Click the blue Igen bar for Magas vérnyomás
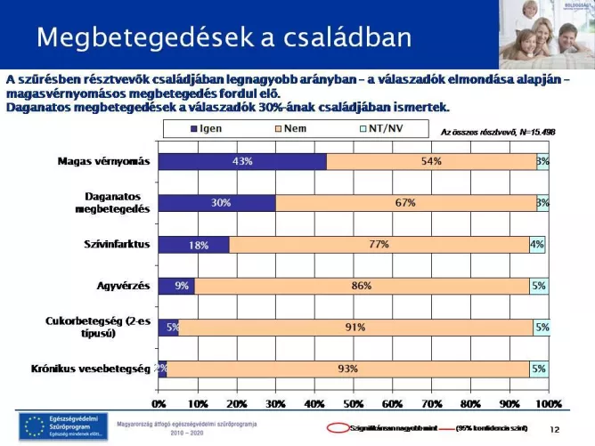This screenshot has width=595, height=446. pyautogui.click(x=242, y=162)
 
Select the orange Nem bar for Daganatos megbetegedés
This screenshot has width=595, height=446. pyautogui.click(x=405, y=203)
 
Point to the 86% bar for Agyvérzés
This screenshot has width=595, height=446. pyautogui.click(x=362, y=286)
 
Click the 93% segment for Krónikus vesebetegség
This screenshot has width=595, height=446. pyautogui.click(x=347, y=369)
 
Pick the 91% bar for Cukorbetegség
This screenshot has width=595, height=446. pyautogui.click(x=355, y=327)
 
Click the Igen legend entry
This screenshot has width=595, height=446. pyautogui.click(x=205, y=130)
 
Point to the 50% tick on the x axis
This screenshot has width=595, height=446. pyautogui.click(x=354, y=405)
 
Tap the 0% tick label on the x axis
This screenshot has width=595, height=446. pyautogui.click(x=159, y=405)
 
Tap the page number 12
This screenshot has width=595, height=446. pyautogui.click(x=554, y=429)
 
